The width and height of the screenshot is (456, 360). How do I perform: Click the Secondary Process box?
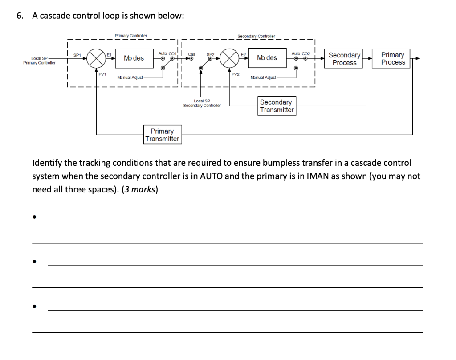click(344, 59)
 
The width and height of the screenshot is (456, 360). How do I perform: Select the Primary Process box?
click(393, 59)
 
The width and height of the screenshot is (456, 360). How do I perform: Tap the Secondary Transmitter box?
click(276, 106)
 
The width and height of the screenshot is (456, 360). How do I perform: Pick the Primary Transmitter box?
click(162, 135)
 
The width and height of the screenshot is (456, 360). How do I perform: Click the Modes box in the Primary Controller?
click(134, 58)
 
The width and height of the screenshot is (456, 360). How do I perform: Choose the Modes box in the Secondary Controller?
click(267, 58)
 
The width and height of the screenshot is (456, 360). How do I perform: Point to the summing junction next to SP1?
click(95, 58)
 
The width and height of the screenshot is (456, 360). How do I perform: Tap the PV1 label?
click(102, 74)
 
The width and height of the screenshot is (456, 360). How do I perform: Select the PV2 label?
click(236, 74)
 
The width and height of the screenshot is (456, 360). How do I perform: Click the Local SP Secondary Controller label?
click(202, 103)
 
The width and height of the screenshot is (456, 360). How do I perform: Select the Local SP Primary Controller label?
click(39, 61)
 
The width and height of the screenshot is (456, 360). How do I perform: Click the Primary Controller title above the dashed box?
click(131, 36)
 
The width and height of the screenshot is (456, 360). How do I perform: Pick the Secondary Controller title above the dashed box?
click(256, 36)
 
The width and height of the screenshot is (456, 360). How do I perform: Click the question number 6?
click(19, 16)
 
